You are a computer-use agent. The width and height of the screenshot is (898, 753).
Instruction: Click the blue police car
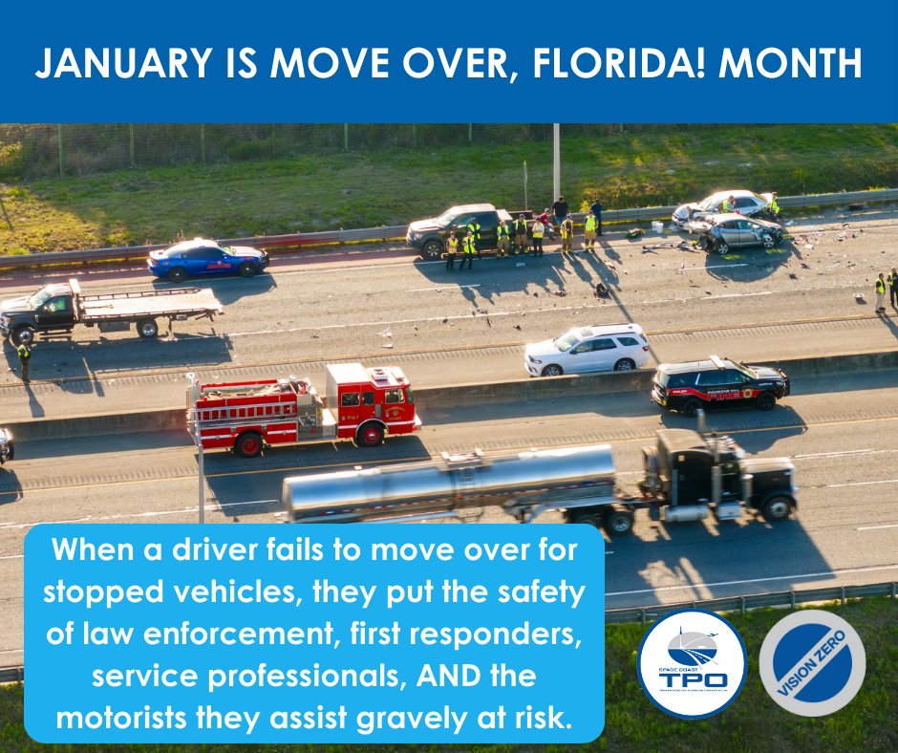tap(207, 258)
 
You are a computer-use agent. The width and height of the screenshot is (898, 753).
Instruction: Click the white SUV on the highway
tap(588, 350)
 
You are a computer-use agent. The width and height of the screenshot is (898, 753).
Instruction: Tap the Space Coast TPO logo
tap(692, 663)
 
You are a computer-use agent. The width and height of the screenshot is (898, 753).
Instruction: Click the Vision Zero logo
tap(812, 663)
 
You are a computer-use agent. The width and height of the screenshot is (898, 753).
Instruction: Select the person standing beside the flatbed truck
tap(24, 358)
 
